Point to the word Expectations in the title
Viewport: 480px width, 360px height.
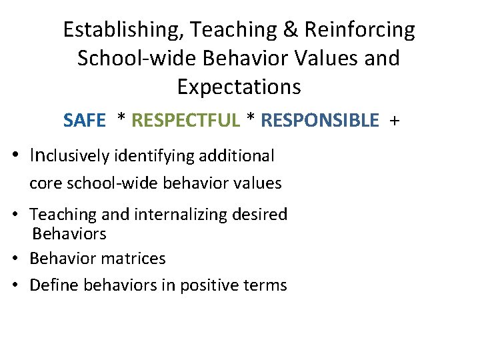[x=239, y=87]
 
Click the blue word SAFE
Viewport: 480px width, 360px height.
[x=85, y=121]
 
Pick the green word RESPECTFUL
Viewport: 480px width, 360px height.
[x=185, y=121]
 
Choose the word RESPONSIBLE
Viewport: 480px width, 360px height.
[x=320, y=121]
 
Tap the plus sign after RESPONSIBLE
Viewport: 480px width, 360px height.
[x=395, y=121]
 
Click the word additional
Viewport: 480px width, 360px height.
[x=241, y=157]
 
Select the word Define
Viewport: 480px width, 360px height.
[x=51, y=286]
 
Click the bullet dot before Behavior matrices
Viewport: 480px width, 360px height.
[x=20, y=259]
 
